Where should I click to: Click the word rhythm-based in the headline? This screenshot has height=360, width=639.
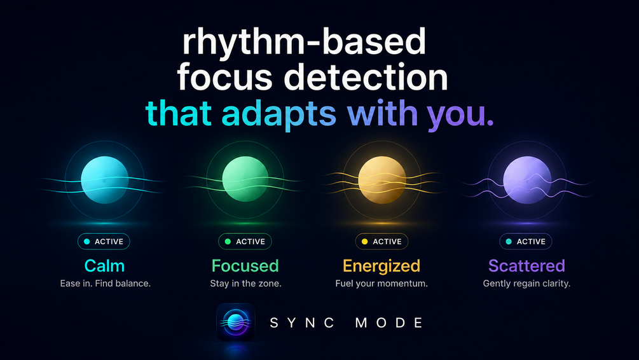tap(304, 41)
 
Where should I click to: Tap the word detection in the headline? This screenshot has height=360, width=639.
tap(366, 77)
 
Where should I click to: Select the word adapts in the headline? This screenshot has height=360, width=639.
tap(278, 114)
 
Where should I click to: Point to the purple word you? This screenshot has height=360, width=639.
tap(460, 115)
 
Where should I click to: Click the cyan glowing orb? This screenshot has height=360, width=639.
tap(105, 180)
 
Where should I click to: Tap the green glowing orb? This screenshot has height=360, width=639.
tap(245, 179)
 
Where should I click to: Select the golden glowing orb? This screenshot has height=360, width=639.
tap(382, 180)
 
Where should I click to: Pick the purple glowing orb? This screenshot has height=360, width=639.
tap(527, 180)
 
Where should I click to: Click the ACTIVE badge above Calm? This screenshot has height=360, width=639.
tap(104, 241)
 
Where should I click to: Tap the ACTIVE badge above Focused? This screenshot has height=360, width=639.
tap(245, 241)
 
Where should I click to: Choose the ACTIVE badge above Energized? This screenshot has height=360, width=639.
tap(382, 241)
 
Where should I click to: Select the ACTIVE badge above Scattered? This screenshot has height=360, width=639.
tap(526, 241)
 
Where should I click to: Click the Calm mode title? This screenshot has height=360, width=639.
tap(104, 266)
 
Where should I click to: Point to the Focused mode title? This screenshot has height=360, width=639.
tap(245, 266)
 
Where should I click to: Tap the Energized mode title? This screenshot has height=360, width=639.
tap(381, 267)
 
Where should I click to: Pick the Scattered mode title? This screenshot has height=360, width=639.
tap(526, 266)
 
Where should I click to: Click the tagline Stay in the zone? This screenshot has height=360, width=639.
tap(245, 283)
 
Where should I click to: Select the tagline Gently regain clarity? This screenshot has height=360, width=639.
tap(526, 284)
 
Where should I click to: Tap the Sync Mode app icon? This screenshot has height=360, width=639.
tap(236, 322)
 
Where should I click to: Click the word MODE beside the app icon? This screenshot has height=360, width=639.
tap(389, 323)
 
